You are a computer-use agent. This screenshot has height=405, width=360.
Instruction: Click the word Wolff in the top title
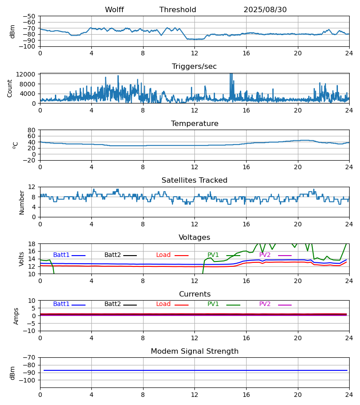[x=114, y=10]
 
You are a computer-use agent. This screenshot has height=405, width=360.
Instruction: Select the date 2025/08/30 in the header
[x=265, y=10]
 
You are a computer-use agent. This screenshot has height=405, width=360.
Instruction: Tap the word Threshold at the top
[x=178, y=10]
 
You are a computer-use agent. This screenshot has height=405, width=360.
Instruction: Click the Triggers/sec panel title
[x=194, y=67]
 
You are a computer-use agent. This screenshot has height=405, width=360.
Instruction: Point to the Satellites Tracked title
[x=194, y=180]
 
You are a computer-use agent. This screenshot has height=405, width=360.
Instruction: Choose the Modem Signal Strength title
[x=194, y=351]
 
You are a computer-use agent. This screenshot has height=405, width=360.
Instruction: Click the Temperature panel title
[x=194, y=124]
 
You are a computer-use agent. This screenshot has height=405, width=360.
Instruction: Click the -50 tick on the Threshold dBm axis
[x=29, y=16]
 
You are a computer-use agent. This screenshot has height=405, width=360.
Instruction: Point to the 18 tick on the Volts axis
[x=32, y=244]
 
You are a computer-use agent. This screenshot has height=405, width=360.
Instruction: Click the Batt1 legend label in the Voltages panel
[x=61, y=255]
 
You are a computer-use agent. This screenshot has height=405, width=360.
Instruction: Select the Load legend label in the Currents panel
[x=163, y=304]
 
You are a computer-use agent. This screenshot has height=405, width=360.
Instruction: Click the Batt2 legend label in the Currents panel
[x=112, y=304]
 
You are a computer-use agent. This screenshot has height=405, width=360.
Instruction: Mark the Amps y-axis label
[x=17, y=316]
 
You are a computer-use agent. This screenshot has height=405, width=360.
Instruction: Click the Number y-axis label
[x=22, y=202]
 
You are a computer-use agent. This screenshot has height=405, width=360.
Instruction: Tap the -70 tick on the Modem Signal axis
[x=29, y=358]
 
